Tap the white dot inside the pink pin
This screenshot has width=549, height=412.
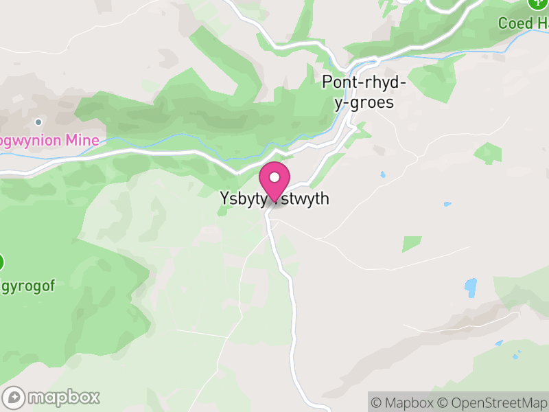274,177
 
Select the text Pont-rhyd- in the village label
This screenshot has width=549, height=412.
364,83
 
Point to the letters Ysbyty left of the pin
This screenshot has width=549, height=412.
242,198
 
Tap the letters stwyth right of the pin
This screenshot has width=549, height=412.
306,198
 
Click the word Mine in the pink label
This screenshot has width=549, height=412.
82,141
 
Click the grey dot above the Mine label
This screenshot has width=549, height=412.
38,122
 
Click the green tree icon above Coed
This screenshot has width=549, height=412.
536,3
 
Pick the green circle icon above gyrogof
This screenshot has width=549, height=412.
1,262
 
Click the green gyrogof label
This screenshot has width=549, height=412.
27,284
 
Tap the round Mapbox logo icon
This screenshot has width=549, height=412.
14,398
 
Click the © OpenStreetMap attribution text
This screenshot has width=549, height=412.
493,402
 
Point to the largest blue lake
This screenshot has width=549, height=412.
471,287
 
